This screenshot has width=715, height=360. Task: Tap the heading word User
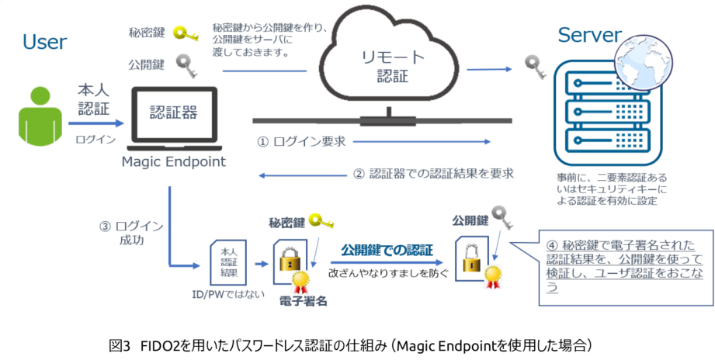[x=44, y=41]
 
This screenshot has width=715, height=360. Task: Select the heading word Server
[x=589, y=35]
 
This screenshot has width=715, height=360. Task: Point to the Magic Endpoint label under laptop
[x=173, y=161]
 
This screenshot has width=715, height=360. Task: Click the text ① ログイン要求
[x=300, y=142]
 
